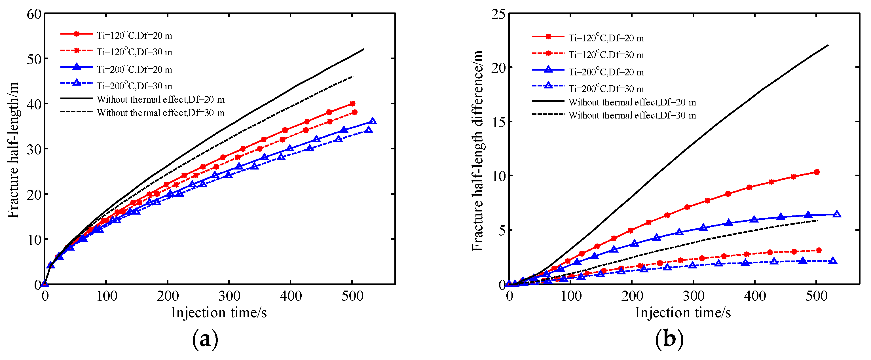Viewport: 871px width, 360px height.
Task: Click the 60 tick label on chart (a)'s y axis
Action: coord(34,14)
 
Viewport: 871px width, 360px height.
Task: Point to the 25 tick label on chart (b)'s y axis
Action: coord(498,14)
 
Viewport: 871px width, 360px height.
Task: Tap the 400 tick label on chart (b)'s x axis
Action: coord(755,297)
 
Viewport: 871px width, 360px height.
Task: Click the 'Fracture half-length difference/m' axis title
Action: coord(477,151)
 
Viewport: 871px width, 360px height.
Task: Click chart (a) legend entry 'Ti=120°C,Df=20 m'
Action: coord(134,35)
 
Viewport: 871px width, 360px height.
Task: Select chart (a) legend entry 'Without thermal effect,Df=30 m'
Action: coord(160,113)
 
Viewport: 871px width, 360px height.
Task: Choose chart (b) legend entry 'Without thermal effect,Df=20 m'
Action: coord(632,102)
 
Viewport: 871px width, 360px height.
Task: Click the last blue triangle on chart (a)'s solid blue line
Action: coord(373,121)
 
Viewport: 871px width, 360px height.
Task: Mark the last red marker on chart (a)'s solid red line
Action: coord(352,104)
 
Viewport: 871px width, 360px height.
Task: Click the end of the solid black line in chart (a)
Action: coord(364,49)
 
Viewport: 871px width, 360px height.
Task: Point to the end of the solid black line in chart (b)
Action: coord(828,45)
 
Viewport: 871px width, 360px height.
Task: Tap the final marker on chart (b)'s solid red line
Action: coord(817,172)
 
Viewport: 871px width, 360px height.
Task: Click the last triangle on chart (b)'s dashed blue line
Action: coord(833,261)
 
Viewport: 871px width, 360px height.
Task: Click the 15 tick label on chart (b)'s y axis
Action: coord(498,122)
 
